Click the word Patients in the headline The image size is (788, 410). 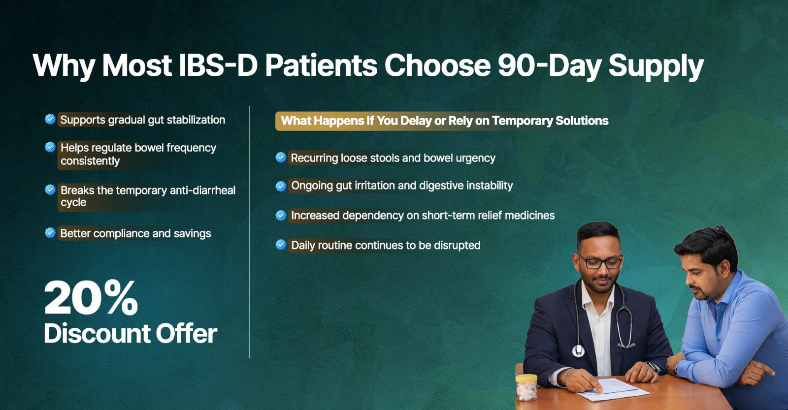321,65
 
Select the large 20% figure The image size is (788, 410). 91,297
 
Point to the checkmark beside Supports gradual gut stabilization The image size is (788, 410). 50,119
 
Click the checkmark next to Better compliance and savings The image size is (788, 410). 50,232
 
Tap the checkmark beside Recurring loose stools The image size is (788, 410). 281,157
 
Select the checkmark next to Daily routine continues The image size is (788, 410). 281,245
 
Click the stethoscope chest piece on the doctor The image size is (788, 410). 578,351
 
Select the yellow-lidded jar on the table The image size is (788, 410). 526,388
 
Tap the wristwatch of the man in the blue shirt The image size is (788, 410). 676,368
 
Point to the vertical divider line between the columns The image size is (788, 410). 249,232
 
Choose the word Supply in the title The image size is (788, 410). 656,67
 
